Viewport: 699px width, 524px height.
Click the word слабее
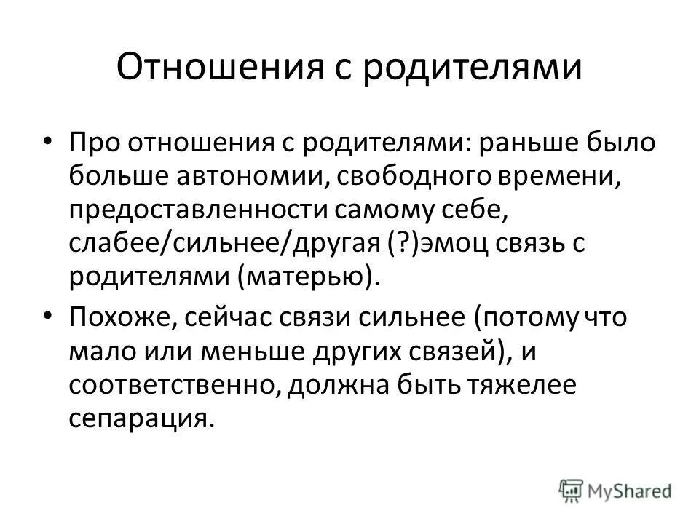coord(116,245)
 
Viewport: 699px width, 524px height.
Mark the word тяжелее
coord(520,386)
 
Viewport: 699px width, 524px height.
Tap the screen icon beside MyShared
coord(570,489)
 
